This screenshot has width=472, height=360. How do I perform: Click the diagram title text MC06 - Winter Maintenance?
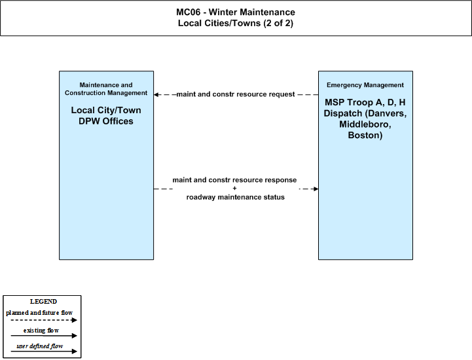(236, 12)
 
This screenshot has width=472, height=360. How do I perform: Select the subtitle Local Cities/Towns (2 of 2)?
(236, 23)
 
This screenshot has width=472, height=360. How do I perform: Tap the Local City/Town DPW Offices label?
(106, 116)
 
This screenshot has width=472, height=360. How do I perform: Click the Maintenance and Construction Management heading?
(106, 89)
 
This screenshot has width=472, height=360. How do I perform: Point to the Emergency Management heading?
(365, 85)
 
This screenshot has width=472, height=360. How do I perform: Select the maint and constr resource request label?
(236, 94)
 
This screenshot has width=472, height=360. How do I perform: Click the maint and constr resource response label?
(234, 180)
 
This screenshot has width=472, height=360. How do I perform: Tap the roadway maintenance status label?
(236, 197)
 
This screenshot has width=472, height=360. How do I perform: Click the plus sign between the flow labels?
(234, 189)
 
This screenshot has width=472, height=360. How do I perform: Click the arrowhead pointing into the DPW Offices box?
(156, 94)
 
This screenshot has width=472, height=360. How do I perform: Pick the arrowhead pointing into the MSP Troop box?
(316, 189)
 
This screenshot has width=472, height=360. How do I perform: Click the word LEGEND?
(43, 302)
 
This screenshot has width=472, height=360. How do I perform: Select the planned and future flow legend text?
(39, 313)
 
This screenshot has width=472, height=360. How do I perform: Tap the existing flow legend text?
(41, 331)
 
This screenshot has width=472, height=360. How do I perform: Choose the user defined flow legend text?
(40, 346)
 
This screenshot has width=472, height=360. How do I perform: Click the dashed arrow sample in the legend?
(44, 320)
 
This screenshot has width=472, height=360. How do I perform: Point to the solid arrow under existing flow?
(44, 336)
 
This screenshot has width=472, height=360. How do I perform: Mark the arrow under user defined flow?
(44, 351)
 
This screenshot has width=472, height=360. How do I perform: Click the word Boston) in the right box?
(365, 135)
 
